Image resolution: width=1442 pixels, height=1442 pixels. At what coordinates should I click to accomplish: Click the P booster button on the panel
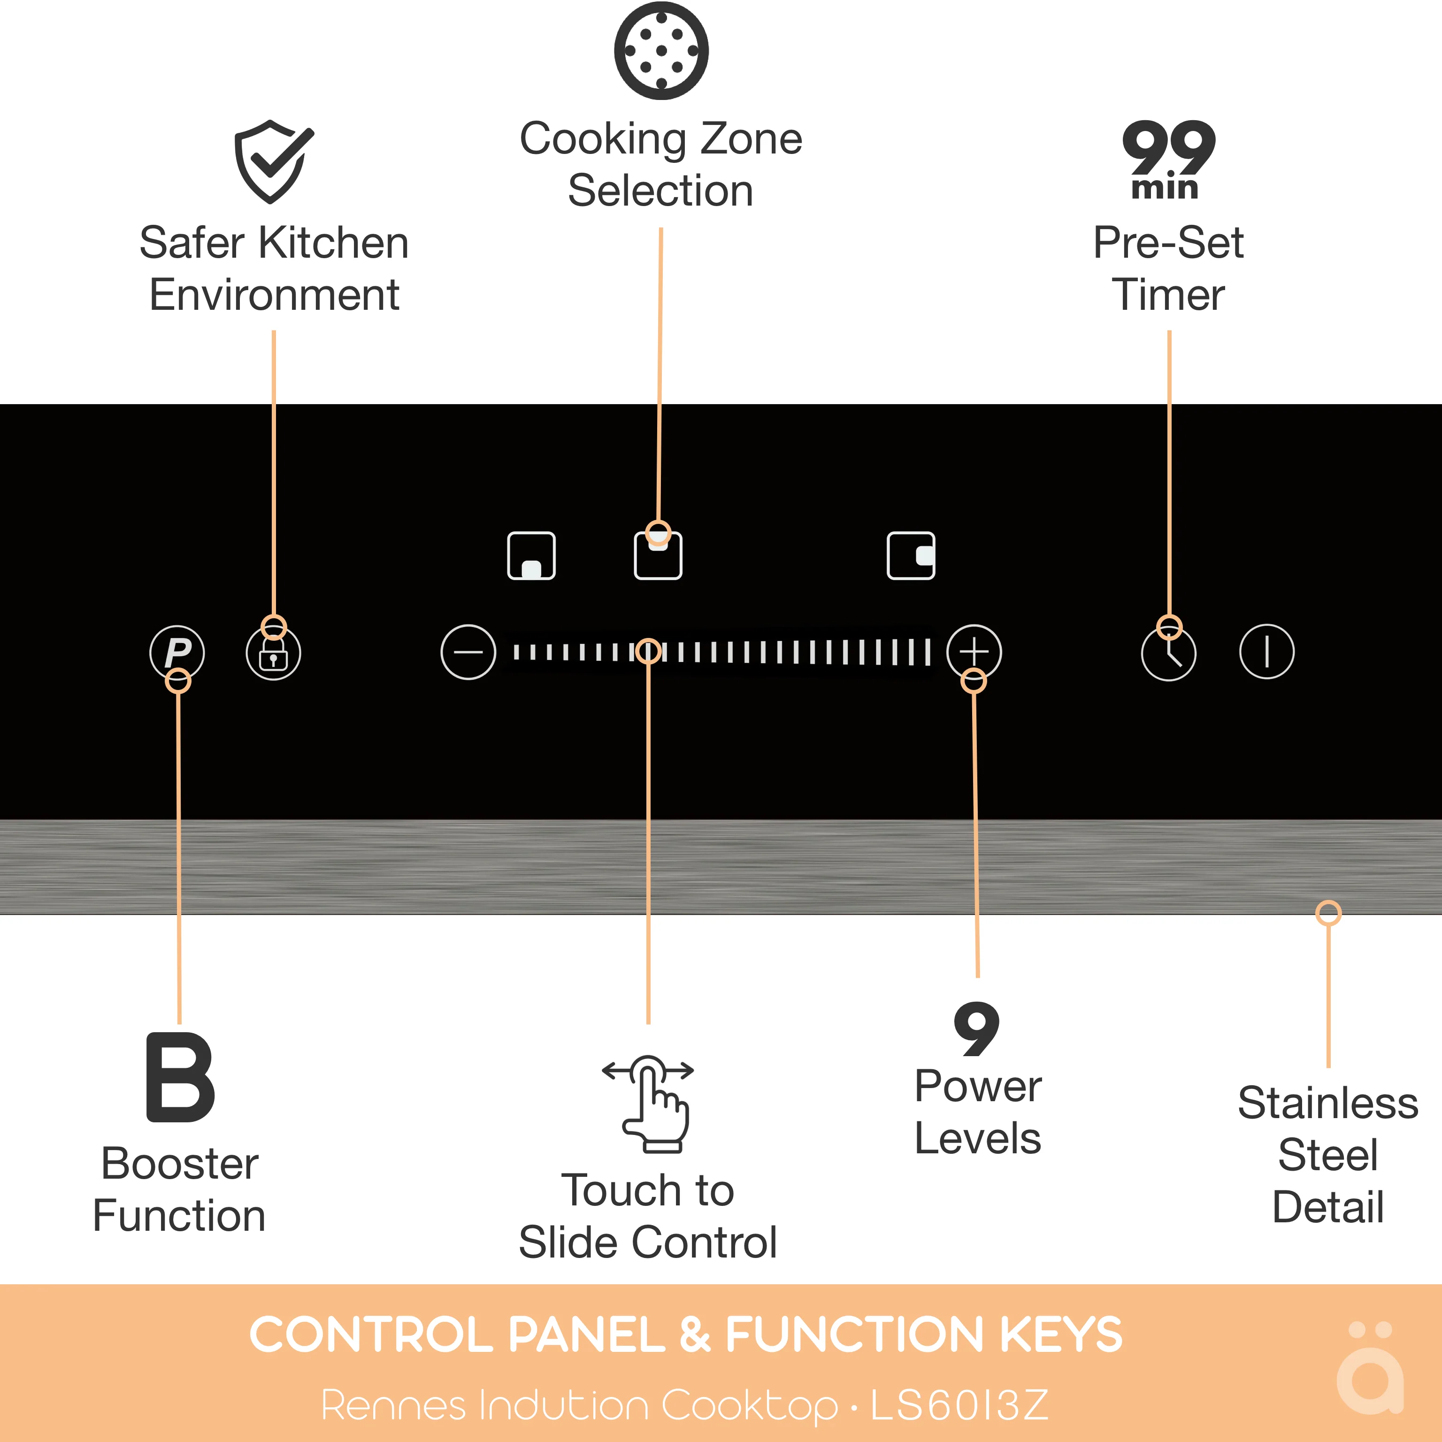click(177, 652)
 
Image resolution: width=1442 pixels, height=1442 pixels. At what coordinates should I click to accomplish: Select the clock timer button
click(1168, 653)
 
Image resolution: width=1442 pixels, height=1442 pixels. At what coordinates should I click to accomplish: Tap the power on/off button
click(1266, 652)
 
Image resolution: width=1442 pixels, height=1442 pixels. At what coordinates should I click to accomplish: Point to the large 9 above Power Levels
click(976, 1029)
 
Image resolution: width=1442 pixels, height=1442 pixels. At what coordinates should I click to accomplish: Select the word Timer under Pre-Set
click(1168, 295)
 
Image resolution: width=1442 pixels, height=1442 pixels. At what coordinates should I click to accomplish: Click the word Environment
click(274, 295)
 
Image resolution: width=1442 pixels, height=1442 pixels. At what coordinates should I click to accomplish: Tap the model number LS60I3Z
click(959, 1405)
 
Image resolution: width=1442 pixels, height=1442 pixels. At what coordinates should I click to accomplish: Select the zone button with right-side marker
click(911, 555)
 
